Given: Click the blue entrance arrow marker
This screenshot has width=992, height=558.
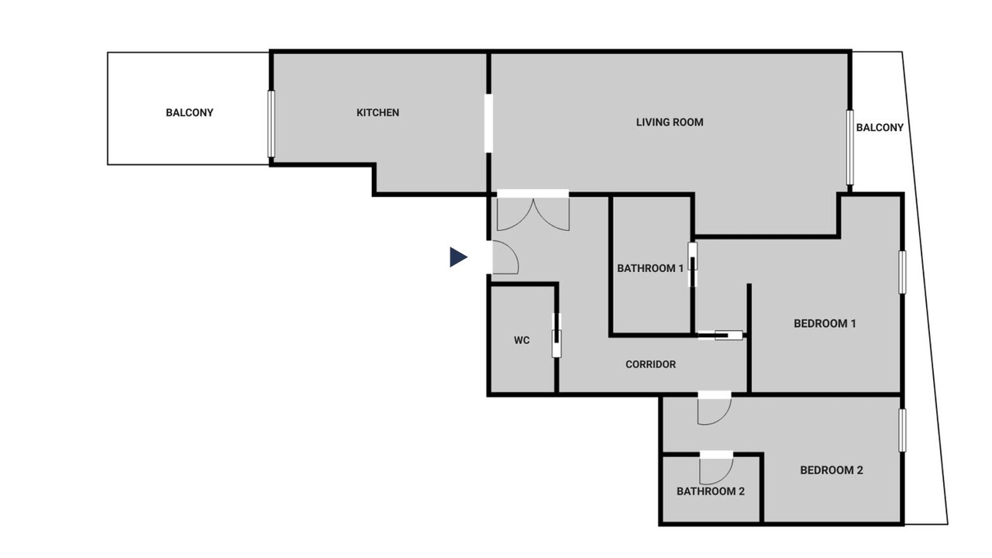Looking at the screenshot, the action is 458,257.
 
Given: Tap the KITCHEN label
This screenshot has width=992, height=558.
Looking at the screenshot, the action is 377,113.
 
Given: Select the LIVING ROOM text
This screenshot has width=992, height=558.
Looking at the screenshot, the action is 670,122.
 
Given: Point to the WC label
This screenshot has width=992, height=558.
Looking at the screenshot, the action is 522,340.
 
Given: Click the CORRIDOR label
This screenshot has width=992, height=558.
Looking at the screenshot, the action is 650,364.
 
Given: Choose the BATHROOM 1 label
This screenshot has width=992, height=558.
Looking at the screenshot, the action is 650,268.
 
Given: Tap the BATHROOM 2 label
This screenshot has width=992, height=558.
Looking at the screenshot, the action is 711,491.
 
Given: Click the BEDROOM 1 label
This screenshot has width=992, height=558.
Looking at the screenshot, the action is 825,324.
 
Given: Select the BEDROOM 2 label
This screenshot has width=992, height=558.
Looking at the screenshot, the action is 832,470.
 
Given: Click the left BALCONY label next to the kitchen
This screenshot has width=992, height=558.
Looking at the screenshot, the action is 190,113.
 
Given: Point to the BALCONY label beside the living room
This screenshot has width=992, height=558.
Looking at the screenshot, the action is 880,128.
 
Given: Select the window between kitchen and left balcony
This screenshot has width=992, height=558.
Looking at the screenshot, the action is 271,124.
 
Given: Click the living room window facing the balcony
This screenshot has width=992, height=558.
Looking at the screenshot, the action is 850,147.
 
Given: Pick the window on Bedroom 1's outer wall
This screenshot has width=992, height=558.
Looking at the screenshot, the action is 902,272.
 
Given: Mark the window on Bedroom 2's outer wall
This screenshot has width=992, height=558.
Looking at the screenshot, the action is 902,430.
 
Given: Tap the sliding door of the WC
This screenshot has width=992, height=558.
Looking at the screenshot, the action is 556,336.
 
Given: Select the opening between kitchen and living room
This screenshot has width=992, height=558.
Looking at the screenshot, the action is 488,123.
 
